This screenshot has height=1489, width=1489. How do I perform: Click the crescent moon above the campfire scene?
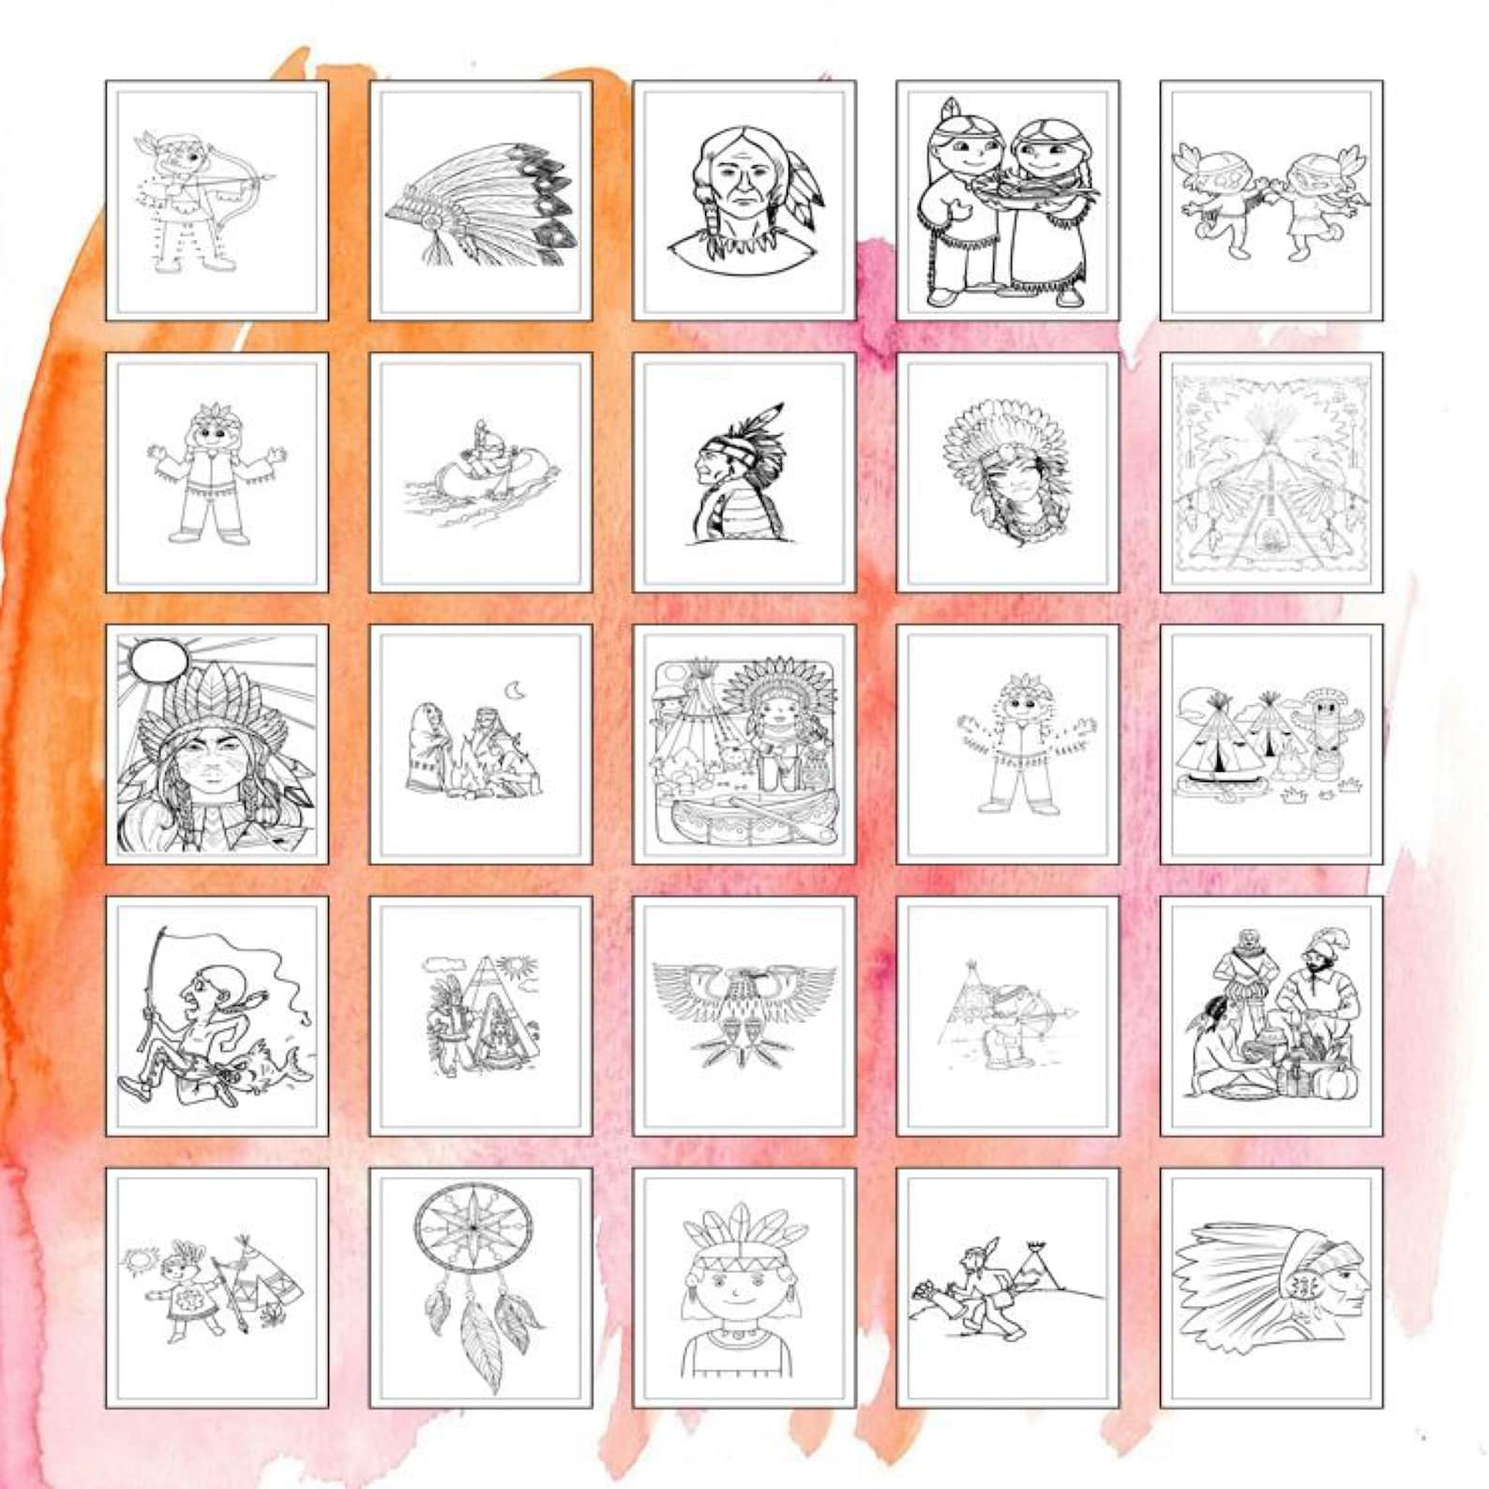click(x=514, y=691)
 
